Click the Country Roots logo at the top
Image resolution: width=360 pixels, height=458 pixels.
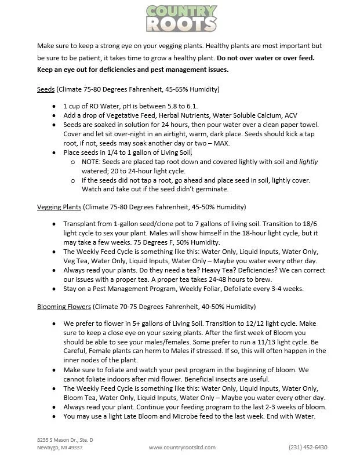pyautogui.click(x=180, y=17)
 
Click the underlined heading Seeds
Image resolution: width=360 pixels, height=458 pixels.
pyautogui.click(x=46, y=90)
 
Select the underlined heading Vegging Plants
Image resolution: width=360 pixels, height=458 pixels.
pyautogui.click(x=59, y=207)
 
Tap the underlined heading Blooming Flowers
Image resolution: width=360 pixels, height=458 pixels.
pyautogui.click(x=64, y=307)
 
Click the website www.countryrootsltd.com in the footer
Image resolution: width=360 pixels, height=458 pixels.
pyautogui.click(x=182, y=447)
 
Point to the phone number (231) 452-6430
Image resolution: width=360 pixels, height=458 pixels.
pyautogui.click(x=308, y=447)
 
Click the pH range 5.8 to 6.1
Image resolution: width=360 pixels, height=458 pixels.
pyautogui.click(x=181, y=107)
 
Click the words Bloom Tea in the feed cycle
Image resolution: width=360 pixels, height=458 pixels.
pyautogui.click(x=82, y=398)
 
